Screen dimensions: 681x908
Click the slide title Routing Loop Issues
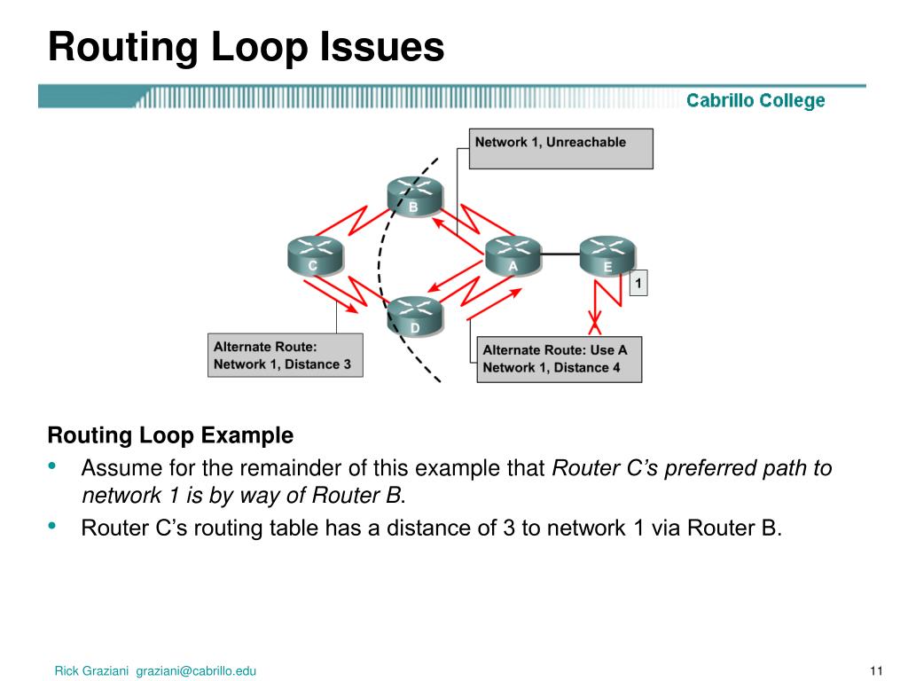tap(246, 46)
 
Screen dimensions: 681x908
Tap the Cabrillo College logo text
tap(755, 101)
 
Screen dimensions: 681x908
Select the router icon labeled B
tap(413, 196)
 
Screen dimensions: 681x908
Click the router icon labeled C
tap(314, 254)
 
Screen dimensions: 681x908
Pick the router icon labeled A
tap(513, 254)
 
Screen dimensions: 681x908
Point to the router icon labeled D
tap(414, 317)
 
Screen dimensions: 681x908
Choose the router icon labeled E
tap(607, 254)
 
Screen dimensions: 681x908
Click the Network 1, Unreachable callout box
tap(560, 148)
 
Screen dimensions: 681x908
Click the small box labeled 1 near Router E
tap(638, 284)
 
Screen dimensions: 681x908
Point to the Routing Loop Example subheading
tap(169, 435)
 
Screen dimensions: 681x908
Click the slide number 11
tap(879, 670)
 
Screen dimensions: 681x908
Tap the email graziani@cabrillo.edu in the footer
tap(196, 671)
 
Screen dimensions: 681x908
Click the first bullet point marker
tap(53, 466)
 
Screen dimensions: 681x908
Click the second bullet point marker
tap(53, 527)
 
